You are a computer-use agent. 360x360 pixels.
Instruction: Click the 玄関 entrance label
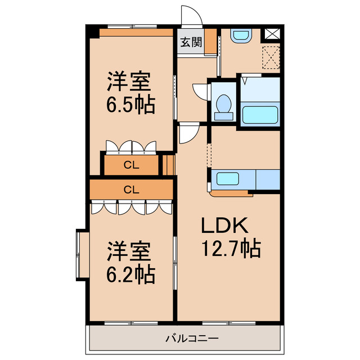coord(191,42)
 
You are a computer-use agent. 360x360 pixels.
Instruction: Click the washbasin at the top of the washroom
coord(242,36)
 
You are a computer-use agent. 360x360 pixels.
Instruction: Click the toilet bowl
coord(223,106)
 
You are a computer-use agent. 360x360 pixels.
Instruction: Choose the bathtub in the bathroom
coord(260,115)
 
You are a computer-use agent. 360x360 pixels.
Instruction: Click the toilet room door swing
coord(200,92)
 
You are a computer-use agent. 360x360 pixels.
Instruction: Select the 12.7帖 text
coord(231,247)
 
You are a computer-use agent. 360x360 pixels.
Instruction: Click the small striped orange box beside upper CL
coord(168,165)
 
